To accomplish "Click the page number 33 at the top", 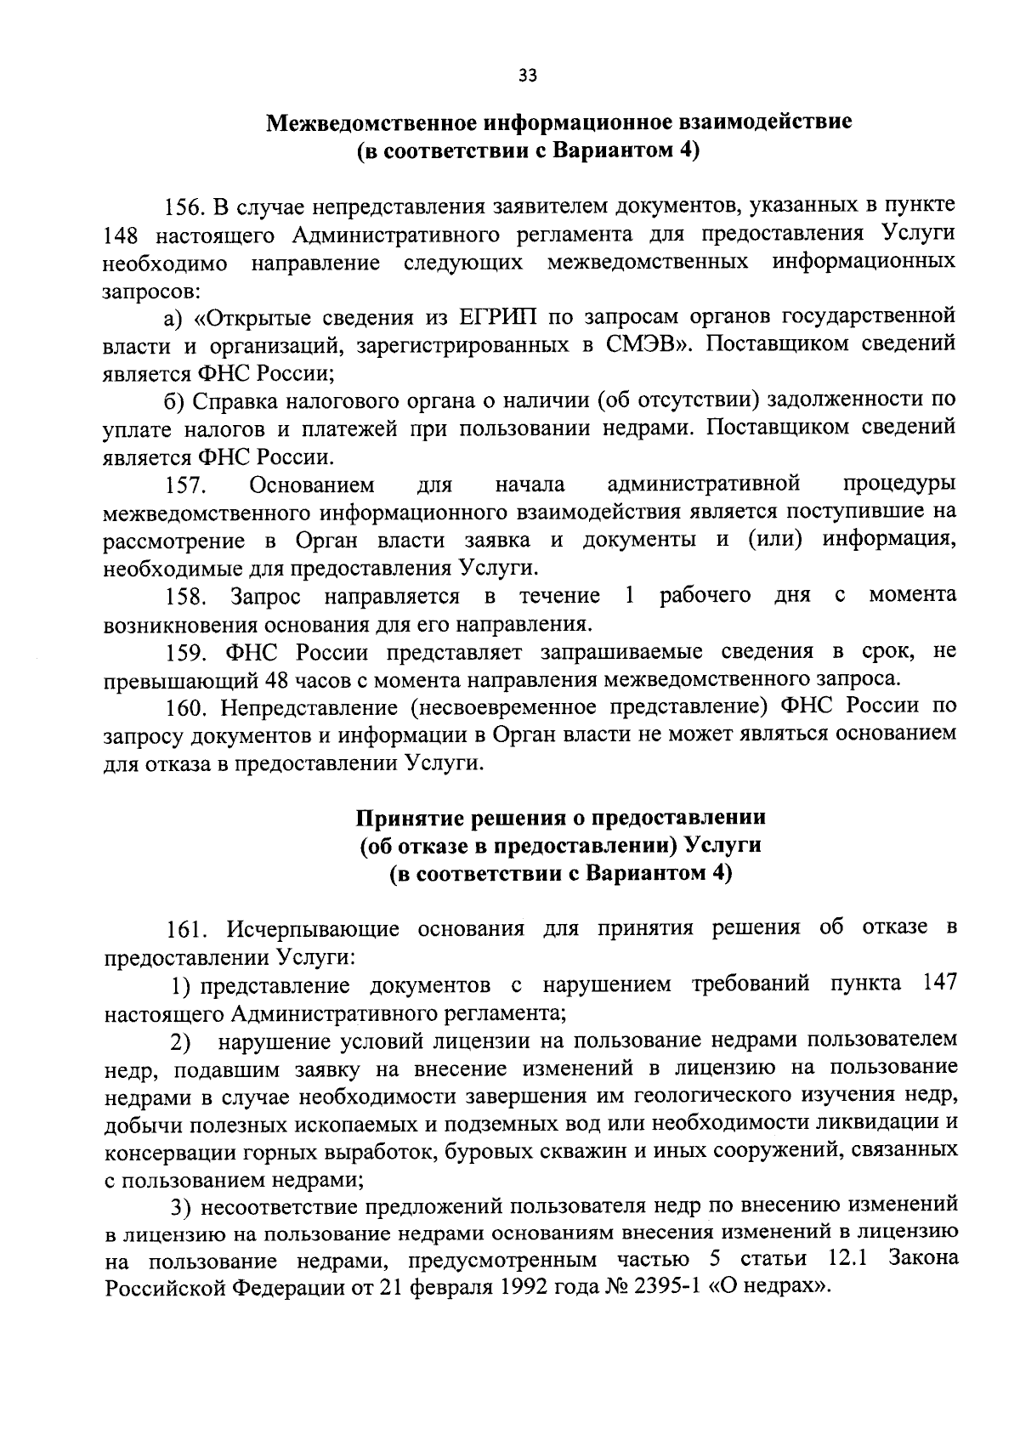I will point(527,77).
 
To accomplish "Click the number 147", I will point(939,984).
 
